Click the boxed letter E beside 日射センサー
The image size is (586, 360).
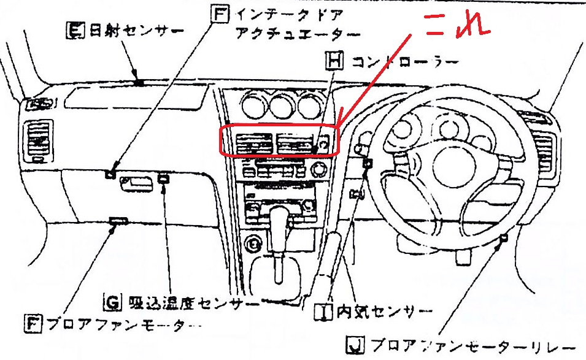coord(74,29)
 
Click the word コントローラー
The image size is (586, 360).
coord(404,61)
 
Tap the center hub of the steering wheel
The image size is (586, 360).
coord(445,166)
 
